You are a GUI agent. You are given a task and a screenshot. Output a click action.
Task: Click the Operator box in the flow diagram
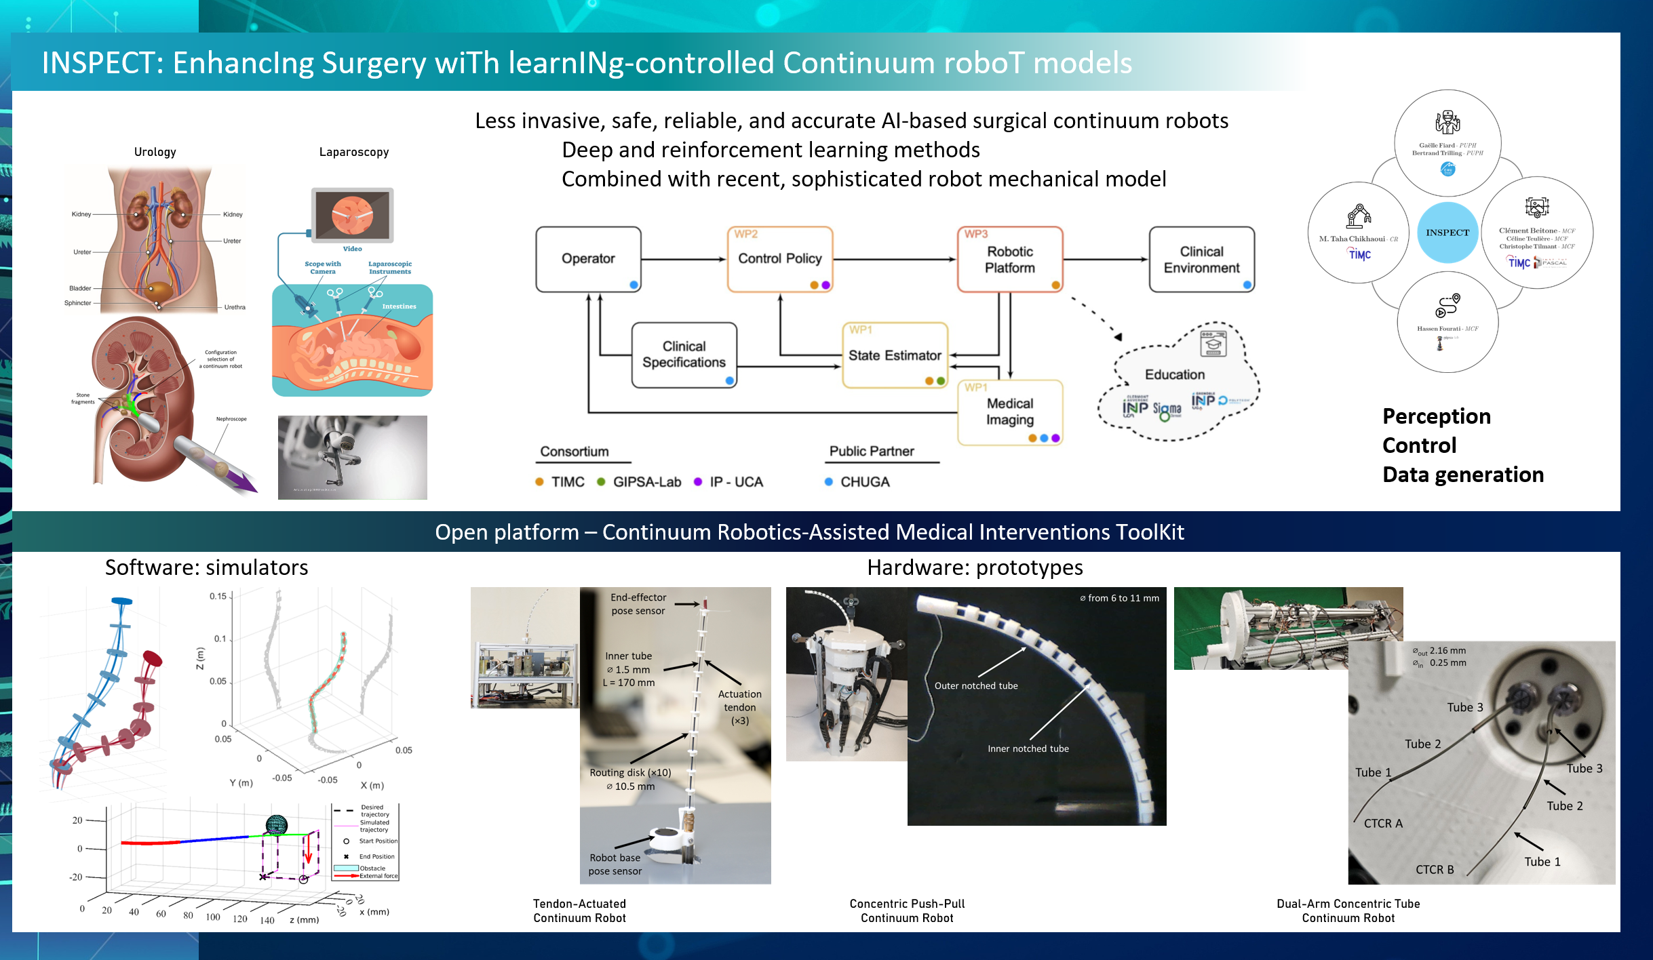coord(588,259)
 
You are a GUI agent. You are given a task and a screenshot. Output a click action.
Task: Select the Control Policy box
coord(779,259)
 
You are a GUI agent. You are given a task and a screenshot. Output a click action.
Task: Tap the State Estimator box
coord(895,355)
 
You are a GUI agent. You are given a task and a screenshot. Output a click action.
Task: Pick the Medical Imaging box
coord(1010,412)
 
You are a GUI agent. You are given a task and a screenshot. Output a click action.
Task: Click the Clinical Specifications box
coord(684,355)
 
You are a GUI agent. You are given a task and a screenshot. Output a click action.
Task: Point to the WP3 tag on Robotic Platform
coord(976,234)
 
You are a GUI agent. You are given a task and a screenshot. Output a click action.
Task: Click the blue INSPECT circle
coord(1447,233)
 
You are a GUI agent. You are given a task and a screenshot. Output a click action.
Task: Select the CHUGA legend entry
coord(864,482)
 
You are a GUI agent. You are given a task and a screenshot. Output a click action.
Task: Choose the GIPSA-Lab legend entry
coord(646,482)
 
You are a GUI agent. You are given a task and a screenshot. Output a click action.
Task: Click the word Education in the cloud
coord(1175,374)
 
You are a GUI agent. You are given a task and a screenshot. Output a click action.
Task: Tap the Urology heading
coord(155,152)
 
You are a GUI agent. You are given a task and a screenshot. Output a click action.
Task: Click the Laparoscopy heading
coord(354,152)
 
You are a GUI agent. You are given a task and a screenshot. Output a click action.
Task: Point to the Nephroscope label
coord(231,419)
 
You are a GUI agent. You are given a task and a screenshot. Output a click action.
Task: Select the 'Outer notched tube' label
coord(976,685)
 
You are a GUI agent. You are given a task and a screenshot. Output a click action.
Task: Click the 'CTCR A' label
coord(1383,823)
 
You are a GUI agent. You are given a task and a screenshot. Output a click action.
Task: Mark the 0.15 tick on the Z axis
coord(218,597)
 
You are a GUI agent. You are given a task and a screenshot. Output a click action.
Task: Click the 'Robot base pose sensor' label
coord(615,864)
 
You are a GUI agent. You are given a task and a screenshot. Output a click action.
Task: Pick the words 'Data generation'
coord(1463,475)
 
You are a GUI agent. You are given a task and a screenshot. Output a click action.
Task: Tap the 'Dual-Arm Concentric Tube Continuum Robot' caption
coord(1348,911)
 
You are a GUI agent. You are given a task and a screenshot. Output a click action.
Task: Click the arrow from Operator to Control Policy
coord(684,259)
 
